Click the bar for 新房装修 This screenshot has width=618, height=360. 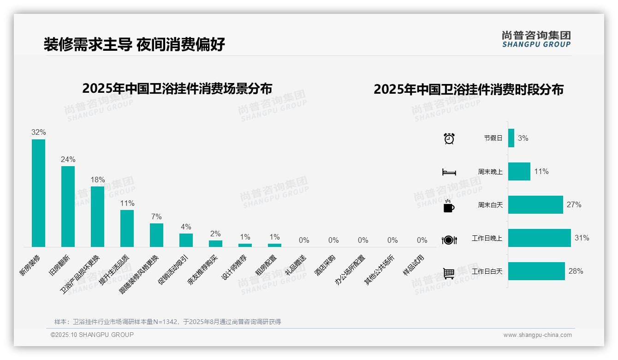coord(38,193)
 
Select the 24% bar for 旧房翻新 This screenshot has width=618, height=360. coord(68,206)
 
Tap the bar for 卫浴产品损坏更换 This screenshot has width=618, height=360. coord(97,216)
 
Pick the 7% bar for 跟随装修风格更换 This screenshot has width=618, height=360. coord(156,235)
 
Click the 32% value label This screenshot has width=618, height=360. coord(39,132)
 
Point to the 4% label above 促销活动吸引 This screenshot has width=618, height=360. coord(186,227)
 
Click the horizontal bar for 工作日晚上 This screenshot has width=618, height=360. coord(539,238)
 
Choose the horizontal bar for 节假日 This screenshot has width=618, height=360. coord(511,138)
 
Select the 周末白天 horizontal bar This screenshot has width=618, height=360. coord(535,205)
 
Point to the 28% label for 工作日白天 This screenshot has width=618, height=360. coord(576,271)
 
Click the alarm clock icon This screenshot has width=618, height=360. coord(449,138)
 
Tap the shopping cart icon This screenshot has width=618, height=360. coord(449,274)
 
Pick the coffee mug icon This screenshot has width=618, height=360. coord(449,206)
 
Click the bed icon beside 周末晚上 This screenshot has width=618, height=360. coord(449,172)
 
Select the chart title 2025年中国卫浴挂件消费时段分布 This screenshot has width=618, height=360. coord(469,90)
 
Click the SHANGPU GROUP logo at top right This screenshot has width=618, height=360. coord(536,39)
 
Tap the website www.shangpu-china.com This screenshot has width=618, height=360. coord(537,335)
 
